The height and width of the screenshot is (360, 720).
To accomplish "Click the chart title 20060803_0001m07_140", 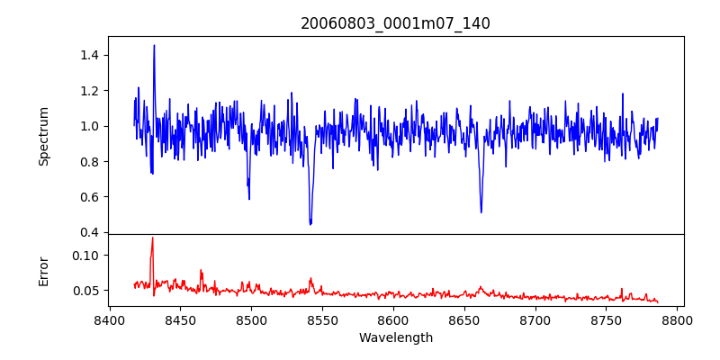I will click(395, 23).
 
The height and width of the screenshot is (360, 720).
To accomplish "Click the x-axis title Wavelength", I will click(395, 338).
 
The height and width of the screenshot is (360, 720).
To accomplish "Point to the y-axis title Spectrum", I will click(44, 136).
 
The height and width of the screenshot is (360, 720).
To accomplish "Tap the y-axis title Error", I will click(44, 270).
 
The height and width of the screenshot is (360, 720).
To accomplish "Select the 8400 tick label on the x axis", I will click(109, 320).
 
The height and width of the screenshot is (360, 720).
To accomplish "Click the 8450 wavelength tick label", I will click(180, 320).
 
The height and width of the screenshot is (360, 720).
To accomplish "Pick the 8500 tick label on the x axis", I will click(251, 320).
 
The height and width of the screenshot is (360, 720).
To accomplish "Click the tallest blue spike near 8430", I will click(154, 46).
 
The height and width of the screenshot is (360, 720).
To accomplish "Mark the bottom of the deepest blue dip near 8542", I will click(310, 223).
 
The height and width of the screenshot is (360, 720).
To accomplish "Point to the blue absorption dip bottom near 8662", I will click(481, 211).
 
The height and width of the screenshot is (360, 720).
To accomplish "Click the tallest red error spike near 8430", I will click(153, 238).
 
